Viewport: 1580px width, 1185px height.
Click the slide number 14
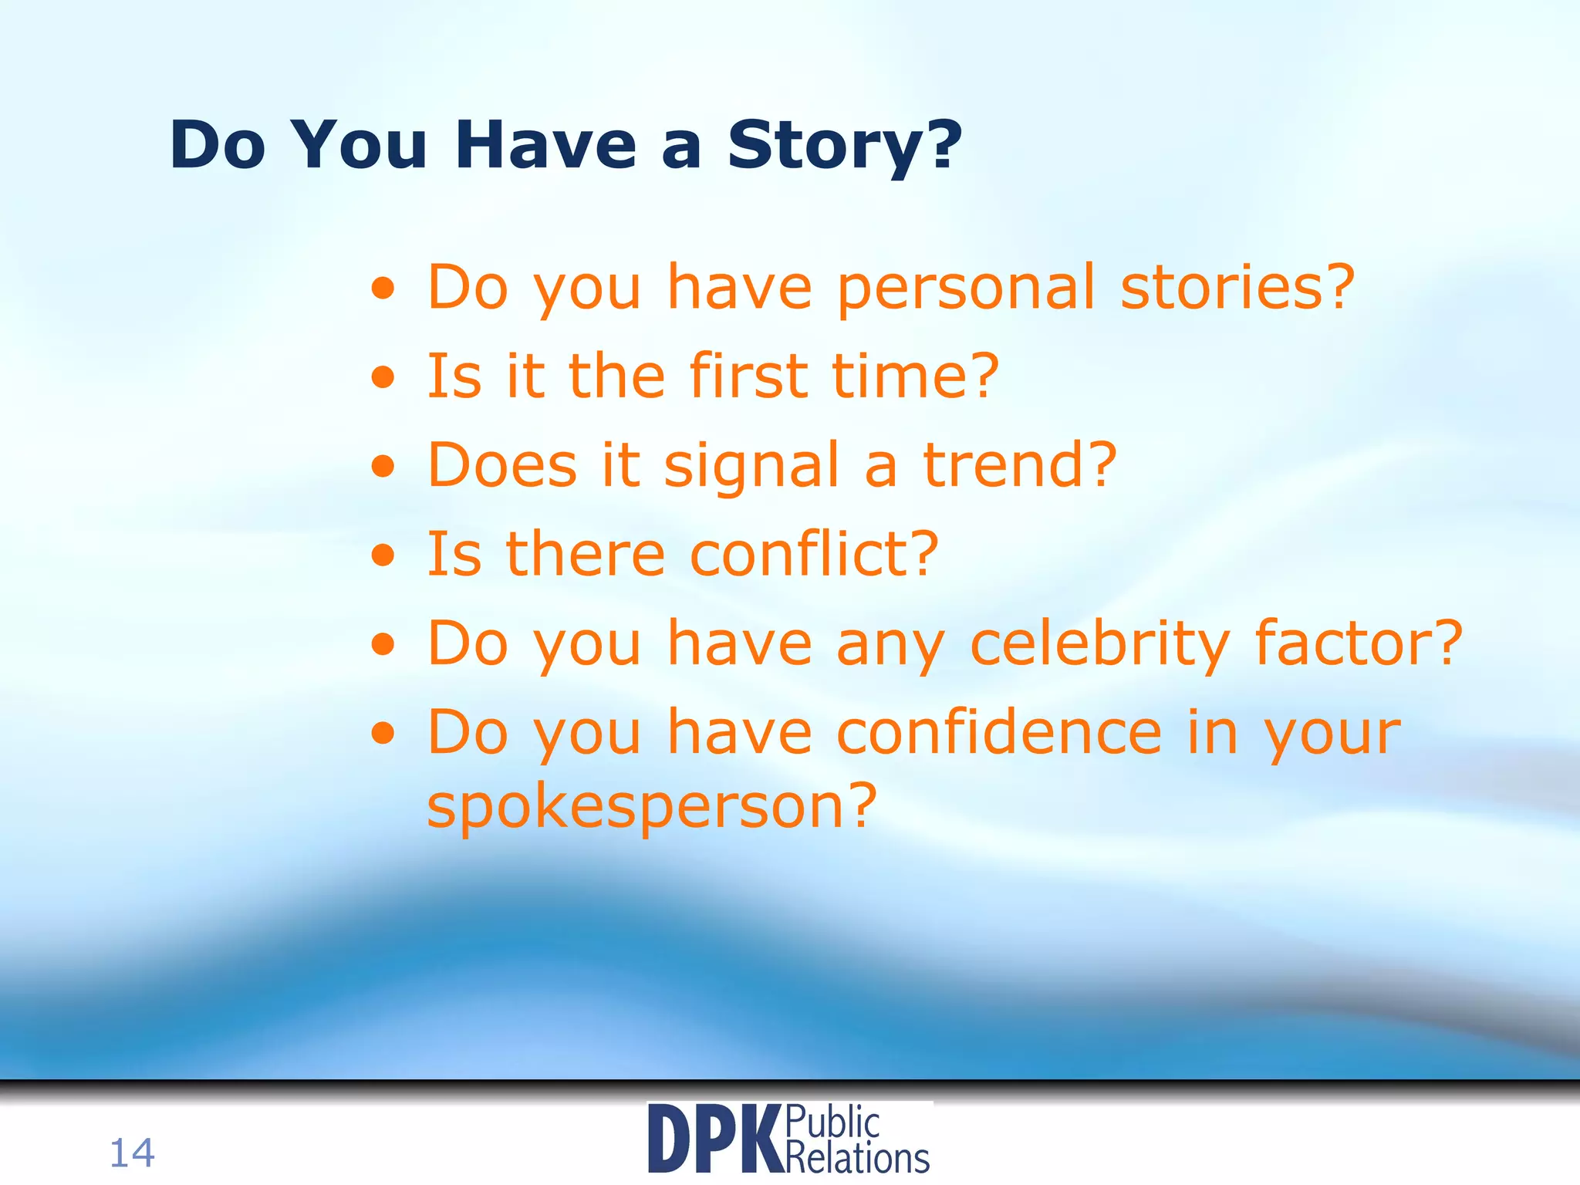tap(132, 1153)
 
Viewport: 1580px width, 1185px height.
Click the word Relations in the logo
tap(857, 1158)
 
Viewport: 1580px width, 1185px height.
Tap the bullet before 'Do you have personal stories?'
tap(383, 290)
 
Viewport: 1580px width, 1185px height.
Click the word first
tap(749, 376)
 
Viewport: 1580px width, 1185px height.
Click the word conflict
tap(814, 555)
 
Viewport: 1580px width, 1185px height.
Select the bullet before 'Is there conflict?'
tap(383, 555)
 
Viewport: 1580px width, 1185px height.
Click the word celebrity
tap(1099, 644)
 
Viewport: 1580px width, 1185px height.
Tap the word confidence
tap(999, 732)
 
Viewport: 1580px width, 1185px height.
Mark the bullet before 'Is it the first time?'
tap(383, 378)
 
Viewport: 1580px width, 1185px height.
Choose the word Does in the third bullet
tap(502, 465)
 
